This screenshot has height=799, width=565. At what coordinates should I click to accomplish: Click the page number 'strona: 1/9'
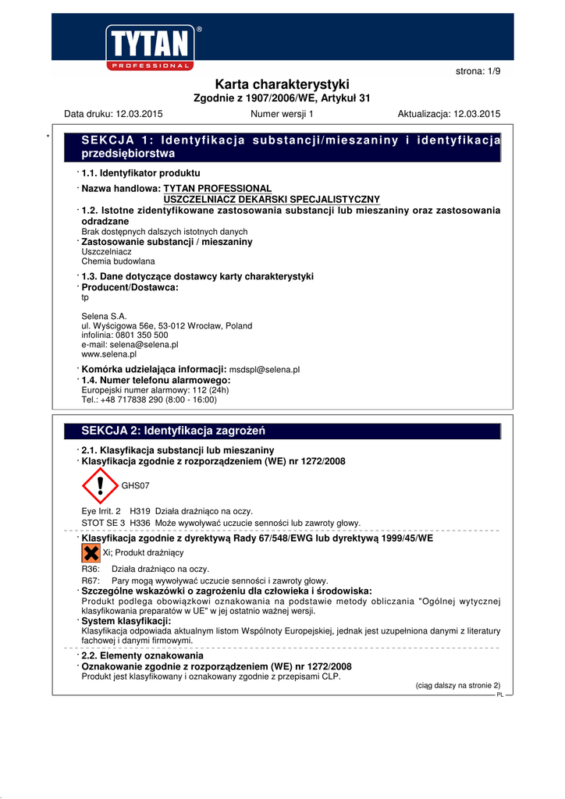point(478,72)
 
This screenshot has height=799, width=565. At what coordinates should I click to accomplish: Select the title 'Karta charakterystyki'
point(282,84)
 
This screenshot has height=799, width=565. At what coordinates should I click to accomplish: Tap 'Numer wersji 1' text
point(282,114)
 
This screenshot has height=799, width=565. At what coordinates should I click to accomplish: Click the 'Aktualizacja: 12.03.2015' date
point(449,114)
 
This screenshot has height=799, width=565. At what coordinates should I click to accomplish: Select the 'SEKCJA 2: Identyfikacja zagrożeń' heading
point(174,431)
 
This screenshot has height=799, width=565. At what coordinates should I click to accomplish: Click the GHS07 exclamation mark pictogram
point(100,485)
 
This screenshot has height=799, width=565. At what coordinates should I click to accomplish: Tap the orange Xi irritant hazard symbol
point(91,553)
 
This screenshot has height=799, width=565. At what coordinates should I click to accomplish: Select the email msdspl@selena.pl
point(265,370)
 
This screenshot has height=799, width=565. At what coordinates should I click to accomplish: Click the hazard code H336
point(140,523)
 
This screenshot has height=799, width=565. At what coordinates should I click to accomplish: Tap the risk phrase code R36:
point(91,570)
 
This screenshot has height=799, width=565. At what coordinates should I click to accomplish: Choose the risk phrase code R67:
point(91,581)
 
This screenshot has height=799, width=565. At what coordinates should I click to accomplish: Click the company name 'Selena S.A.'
point(104,316)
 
